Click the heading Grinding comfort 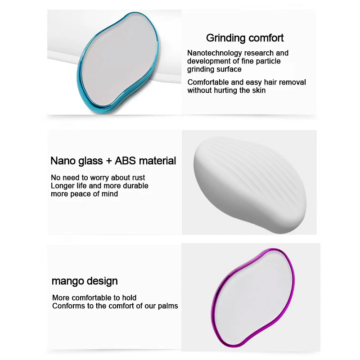coord(245,38)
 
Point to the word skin coord(258,90)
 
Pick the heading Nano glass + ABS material coord(113,161)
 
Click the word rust coord(138,178)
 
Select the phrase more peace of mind coord(84,194)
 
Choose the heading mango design coord(84,281)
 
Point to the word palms coord(167,306)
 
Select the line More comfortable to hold coord(94,298)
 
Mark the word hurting coord(223,90)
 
